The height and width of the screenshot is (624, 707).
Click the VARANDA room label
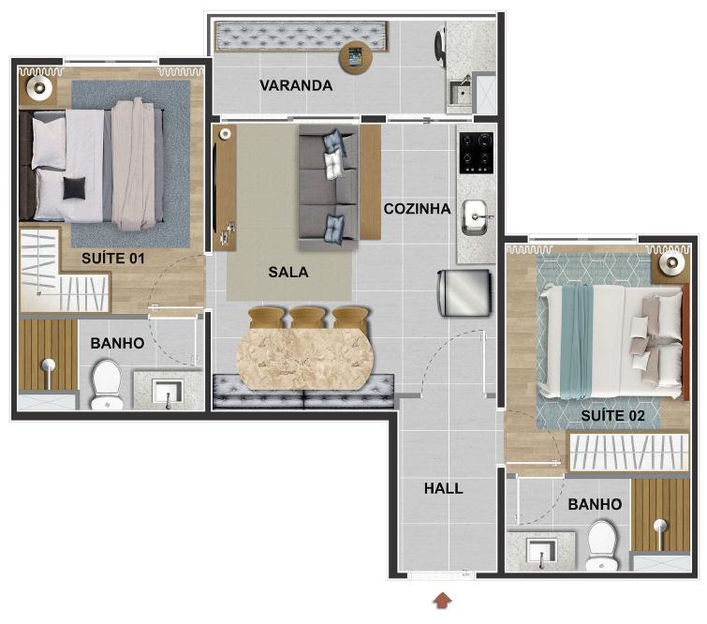tap(296, 85)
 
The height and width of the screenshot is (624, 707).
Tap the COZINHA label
tap(417, 209)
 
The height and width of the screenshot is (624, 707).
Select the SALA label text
tap(288, 272)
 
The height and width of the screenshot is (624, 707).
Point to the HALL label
tap(444, 488)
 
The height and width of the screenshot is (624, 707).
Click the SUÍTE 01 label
tap(113, 258)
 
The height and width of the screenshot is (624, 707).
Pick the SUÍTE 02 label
tap(612, 416)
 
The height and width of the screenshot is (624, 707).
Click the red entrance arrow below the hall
tap(442, 601)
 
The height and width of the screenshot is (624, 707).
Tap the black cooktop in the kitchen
tap(476, 153)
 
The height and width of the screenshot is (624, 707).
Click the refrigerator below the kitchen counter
tap(464, 293)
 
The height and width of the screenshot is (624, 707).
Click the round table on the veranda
tap(356, 58)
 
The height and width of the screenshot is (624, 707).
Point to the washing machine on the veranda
tap(441, 45)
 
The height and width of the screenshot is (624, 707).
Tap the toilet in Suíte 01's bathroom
tap(107, 384)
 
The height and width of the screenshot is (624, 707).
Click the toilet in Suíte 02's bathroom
tap(602, 545)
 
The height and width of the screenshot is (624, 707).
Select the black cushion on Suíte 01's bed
tap(74, 188)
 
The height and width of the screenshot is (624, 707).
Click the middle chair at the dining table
tap(308, 318)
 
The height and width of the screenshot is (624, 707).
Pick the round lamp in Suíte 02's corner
tap(671, 263)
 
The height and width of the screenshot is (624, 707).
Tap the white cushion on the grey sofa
tap(334, 164)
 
